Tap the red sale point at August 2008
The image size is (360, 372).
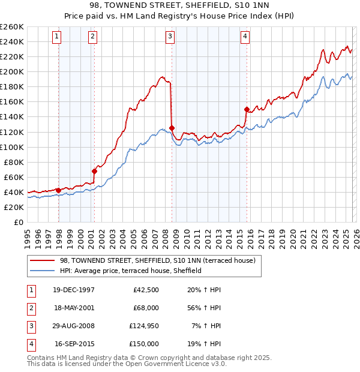(x=172, y=128)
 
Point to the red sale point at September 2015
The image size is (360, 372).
(x=247, y=109)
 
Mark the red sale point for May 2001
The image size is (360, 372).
(x=94, y=171)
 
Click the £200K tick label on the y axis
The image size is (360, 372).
(x=12, y=71)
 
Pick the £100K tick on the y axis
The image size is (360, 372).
(x=12, y=147)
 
